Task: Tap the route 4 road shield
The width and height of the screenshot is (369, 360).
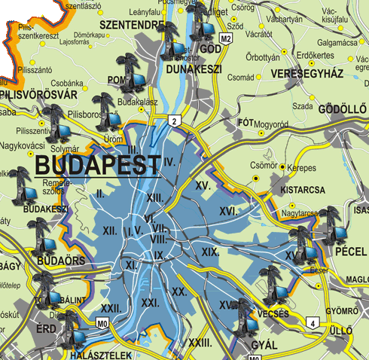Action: pos(312,324)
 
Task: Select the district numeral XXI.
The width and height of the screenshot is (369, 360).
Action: pos(150,302)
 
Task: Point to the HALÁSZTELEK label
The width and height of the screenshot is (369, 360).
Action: pos(100,354)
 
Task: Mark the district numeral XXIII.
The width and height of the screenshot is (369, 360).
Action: pos(199,343)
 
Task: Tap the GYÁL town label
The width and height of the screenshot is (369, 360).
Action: pos(261,346)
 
